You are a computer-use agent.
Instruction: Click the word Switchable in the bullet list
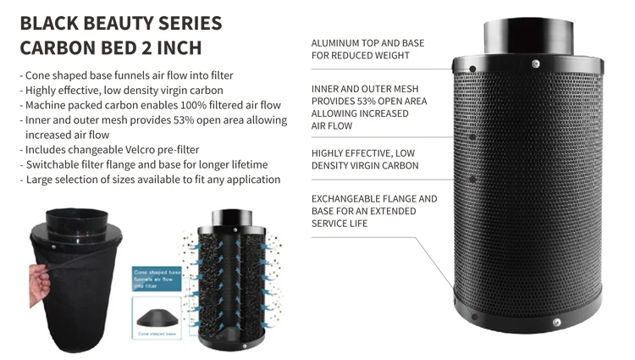point(55,164)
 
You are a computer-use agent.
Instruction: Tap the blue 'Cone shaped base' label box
point(157,279)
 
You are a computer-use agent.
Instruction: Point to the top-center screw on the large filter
point(535,64)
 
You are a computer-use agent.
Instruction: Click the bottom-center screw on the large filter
point(556,323)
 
